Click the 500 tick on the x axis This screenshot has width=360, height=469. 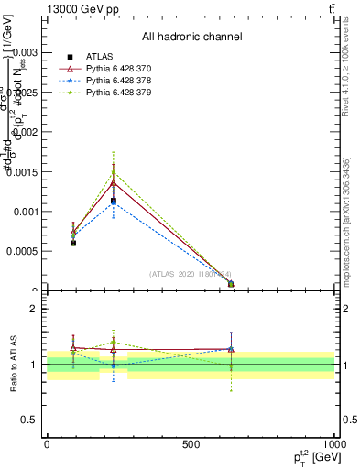(191, 444)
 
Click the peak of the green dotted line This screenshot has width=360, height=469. (113, 171)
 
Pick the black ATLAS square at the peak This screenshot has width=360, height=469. (113, 201)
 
